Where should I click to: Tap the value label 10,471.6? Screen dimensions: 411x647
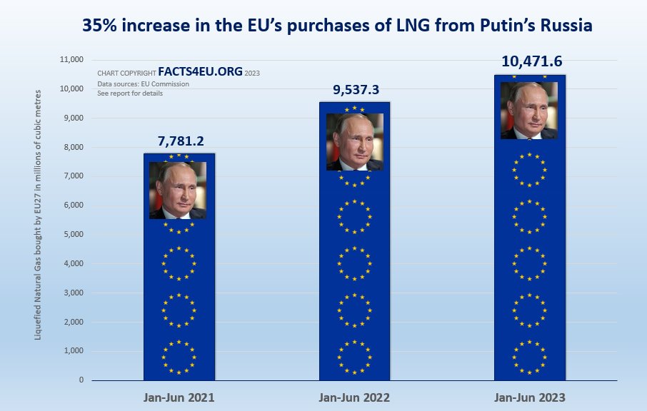coord(529,62)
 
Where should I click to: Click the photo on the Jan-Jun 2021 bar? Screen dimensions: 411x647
coord(178,191)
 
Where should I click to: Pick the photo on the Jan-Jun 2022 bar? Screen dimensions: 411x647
coord(355,142)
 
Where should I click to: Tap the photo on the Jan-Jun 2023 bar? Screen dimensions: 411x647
coord(529,111)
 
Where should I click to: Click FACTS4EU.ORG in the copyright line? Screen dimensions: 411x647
coord(201,73)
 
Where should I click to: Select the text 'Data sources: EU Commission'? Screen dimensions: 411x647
coord(144,84)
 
